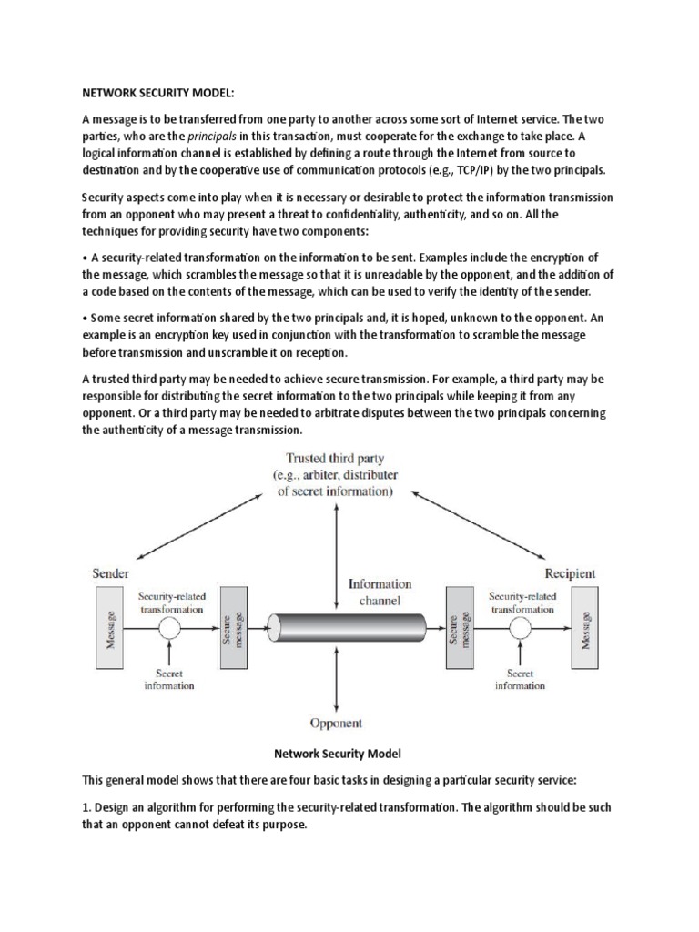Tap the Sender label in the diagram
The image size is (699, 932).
tap(111, 573)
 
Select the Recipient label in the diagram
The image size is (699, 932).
tap(572, 573)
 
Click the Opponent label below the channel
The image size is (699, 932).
tap(336, 724)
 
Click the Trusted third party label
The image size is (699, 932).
tap(335, 458)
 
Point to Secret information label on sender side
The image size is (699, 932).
tap(168, 679)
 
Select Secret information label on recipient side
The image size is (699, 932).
tap(520, 679)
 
